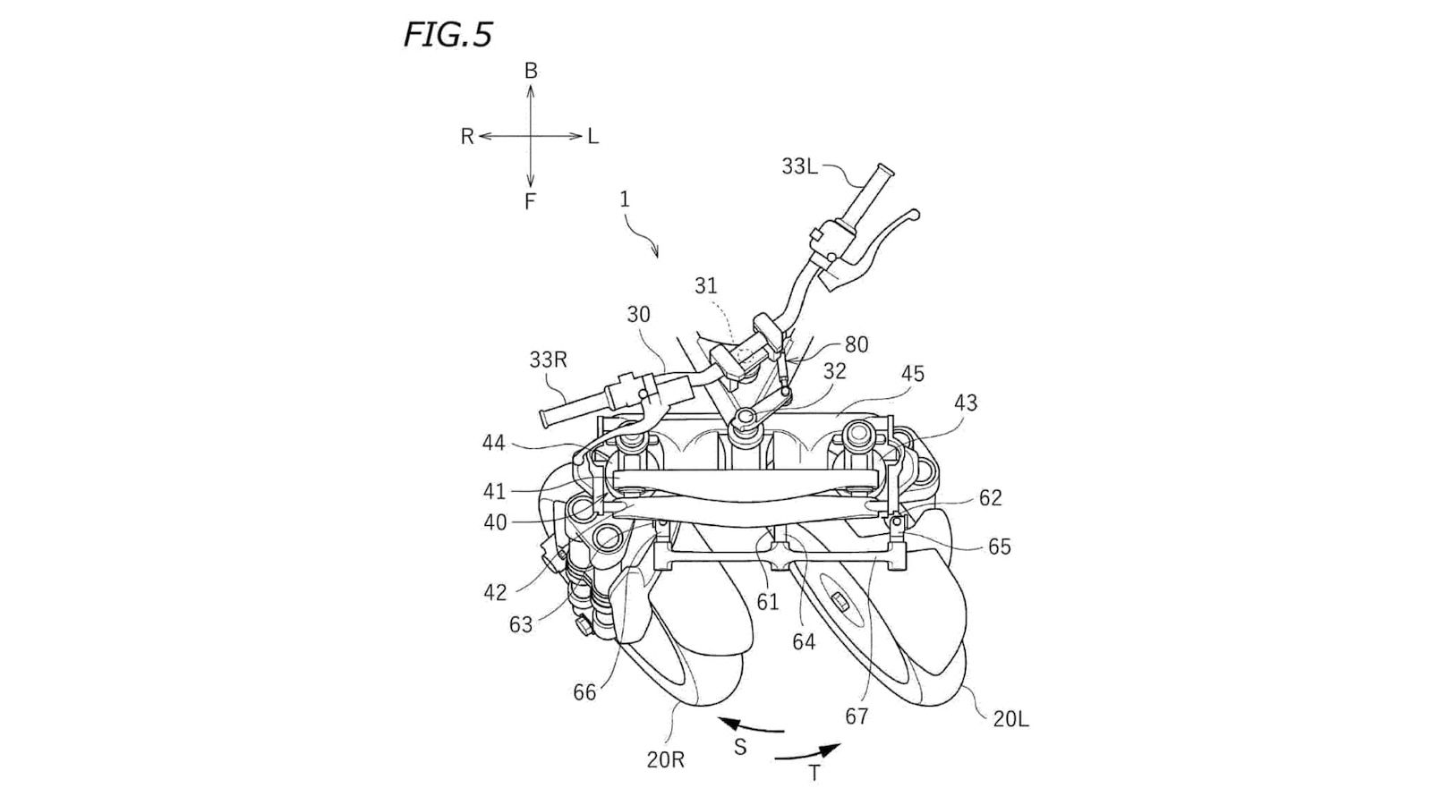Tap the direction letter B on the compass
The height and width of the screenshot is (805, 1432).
(x=531, y=71)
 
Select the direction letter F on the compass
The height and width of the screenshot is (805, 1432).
(x=530, y=202)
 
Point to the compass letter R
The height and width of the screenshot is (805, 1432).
(x=467, y=137)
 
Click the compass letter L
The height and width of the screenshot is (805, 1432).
(x=592, y=137)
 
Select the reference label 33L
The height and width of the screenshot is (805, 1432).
(x=799, y=166)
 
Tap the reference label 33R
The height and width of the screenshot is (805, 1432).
(x=548, y=360)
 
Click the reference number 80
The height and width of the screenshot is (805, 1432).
(x=856, y=344)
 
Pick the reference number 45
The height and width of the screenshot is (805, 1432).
(x=912, y=374)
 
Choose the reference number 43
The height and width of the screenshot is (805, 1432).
(x=965, y=403)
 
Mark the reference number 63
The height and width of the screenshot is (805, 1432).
(x=521, y=624)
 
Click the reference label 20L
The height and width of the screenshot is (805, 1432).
(x=1010, y=718)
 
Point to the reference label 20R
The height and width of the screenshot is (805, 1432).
(x=666, y=760)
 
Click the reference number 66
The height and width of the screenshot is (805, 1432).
(x=584, y=692)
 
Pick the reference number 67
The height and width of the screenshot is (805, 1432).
(x=857, y=716)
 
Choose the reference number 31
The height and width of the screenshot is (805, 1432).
(x=706, y=285)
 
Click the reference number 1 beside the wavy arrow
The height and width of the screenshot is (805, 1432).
(x=625, y=199)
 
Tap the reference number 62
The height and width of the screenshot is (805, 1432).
(x=990, y=497)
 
